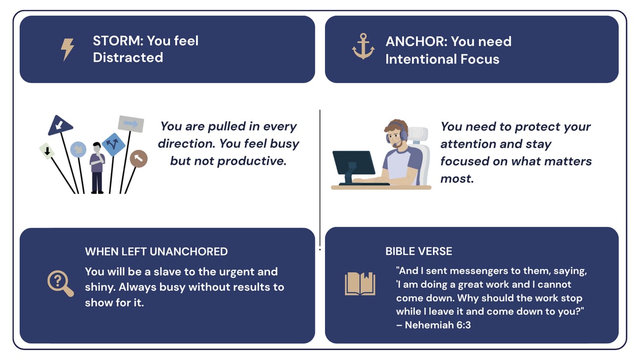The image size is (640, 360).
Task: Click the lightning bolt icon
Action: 67,50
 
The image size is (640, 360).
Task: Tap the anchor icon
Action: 363,47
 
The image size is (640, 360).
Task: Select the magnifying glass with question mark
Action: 60,283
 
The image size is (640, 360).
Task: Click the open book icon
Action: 360,284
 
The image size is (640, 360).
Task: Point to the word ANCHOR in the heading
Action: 416,42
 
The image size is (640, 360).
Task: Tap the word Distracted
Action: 128,57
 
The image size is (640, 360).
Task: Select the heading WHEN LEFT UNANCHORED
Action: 157,252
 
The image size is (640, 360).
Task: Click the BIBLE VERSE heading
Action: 419,252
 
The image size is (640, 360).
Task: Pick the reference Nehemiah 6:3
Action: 438,325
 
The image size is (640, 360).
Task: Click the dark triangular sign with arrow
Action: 60,125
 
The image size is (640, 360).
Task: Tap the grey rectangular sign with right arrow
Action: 131,124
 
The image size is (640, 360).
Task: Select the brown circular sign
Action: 139,158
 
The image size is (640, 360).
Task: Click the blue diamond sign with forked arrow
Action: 113,144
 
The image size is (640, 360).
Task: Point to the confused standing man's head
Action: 97,148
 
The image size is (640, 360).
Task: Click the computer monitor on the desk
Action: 354,166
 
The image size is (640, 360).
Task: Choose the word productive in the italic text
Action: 252,161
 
